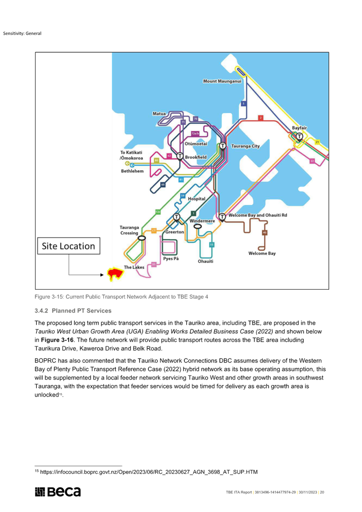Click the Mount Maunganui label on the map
coord(222,81)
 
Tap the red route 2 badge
coord(260,118)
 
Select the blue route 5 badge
coord(244,104)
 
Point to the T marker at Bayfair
coord(299,136)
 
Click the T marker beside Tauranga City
coord(222,146)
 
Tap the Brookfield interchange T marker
coord(179,156)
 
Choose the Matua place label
coord(159,114)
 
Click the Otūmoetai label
coord(196,144)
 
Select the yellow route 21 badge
coord(317,142)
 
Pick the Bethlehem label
coord(132,172)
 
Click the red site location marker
coord(115,274)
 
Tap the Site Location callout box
coord(68,246)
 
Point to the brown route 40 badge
coord(264,233)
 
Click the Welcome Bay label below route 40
coord(262,254)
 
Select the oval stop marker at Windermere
coord(197,226)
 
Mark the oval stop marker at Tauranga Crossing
coord(141,238)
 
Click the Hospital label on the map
coord(196,199)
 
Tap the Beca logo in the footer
coord(58,492)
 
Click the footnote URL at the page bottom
coord(148,472)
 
